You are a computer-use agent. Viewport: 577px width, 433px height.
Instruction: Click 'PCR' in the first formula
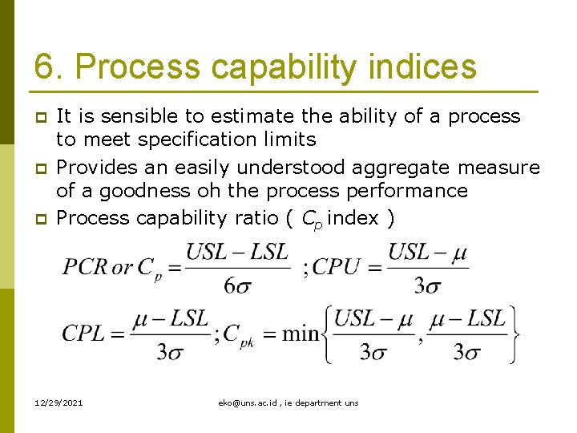pos(84,266)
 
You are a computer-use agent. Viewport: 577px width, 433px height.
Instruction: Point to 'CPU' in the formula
pos(335,266)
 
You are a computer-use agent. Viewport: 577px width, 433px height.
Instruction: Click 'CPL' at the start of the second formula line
pos(83,334)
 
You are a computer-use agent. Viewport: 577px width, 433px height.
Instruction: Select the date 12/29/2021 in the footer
pos(59,403)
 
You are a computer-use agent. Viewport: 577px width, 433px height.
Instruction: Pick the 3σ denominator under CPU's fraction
pos(428,285)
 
